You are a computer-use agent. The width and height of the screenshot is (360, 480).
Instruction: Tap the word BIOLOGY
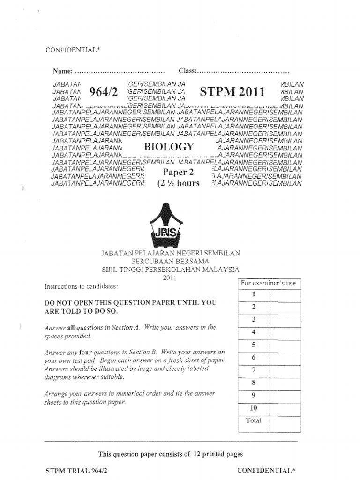(x=169, y=147)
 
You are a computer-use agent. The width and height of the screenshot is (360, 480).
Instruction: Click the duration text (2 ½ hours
(x=178, y=183)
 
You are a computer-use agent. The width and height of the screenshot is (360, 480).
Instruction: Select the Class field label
(x=187, y=71)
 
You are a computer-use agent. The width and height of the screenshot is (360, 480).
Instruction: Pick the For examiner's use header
(x=268, y=284)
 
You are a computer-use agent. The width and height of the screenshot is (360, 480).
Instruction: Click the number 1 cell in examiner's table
(x=254, y=294)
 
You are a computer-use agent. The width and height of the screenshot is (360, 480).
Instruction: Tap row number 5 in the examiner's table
(x=254, y=345)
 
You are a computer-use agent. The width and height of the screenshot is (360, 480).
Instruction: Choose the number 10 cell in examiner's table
(x=254, y=408)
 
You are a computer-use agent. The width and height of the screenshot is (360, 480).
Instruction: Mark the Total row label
(x=254, y=420)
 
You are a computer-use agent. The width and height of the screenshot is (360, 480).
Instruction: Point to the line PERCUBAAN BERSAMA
(x=171, y=261)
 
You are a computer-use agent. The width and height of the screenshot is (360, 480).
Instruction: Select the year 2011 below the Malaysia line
(x=169, y=277)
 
